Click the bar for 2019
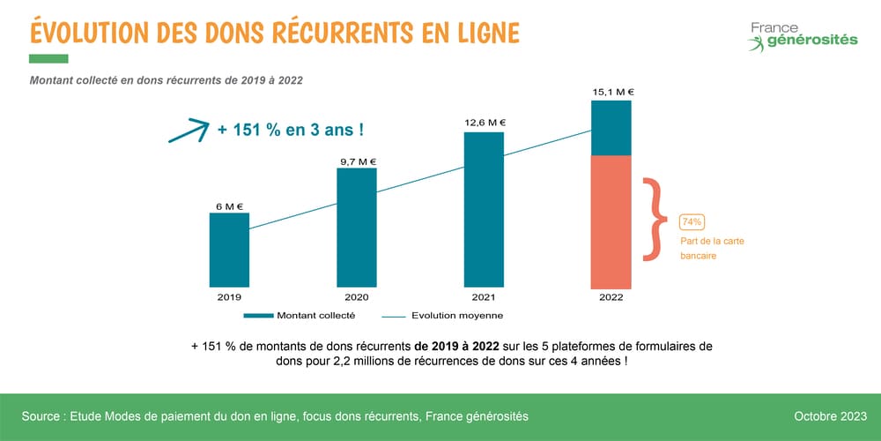(x=229, y=250)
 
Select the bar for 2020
(x=357, y=228)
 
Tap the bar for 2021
(x=484, y=210)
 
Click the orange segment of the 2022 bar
(x=611, y=221)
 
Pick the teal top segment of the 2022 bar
(x=611, y=128)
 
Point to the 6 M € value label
(x=229, y=206)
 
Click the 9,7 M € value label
(x=357, y=161)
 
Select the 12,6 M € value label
(x=484, y=123)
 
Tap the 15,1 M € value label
(x=611, y=91)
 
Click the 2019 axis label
(x=229, y=298)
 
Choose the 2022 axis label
(x=611, y=298)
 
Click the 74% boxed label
(x=692, y=221)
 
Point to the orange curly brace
(x=653, y=220)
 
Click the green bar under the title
(x=48, y=59)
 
